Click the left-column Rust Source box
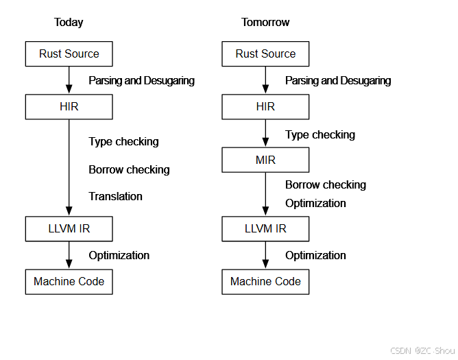pos(69,54)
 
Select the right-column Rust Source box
pos(265,54)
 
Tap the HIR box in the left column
pos(69,107)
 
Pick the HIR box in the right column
pos(265,107)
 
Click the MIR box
pos(265,160)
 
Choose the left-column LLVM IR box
pos(69,229)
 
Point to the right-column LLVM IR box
pos(265,229)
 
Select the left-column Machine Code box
pos(69,282)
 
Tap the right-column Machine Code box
pos(265,282)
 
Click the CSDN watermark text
pos(400,350)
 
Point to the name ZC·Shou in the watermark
pos(437,350)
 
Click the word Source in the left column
pos(82,54)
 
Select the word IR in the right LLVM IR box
pos(280,229)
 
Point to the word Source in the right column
pos(278,54)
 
